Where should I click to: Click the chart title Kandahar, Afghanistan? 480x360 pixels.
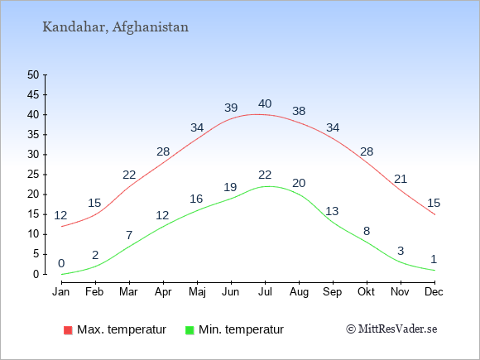click(115, 27)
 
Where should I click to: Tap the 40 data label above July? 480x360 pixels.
click(265, 103)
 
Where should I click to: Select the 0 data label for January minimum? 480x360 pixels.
click(61, 263)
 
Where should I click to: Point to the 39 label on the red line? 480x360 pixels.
click(231, 108)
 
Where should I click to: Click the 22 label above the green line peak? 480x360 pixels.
click(265, 175)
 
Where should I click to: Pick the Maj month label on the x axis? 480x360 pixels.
click(197, 292)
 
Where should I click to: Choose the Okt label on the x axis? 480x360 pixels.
click(366, 292)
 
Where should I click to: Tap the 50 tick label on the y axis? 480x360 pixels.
click(33, 74)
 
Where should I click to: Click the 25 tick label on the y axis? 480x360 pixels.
click(33, 175)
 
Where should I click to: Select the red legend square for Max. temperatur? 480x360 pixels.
click(68, 330)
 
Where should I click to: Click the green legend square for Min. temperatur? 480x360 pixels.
click(190, 330)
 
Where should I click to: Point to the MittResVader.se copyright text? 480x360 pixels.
click(391, 329)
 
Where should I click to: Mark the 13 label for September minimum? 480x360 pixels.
click(332, 211)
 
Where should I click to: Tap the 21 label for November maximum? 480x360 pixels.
click(400, 179)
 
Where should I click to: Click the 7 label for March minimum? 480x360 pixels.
click(129, 235)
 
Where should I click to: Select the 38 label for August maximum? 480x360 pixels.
click(299, 111)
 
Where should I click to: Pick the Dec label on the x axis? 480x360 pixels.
click(434, 292)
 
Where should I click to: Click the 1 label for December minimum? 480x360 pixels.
click(434, 260)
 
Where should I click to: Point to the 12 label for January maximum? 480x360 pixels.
click(60, 215)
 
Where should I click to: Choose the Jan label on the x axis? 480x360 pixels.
click(61, 292)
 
